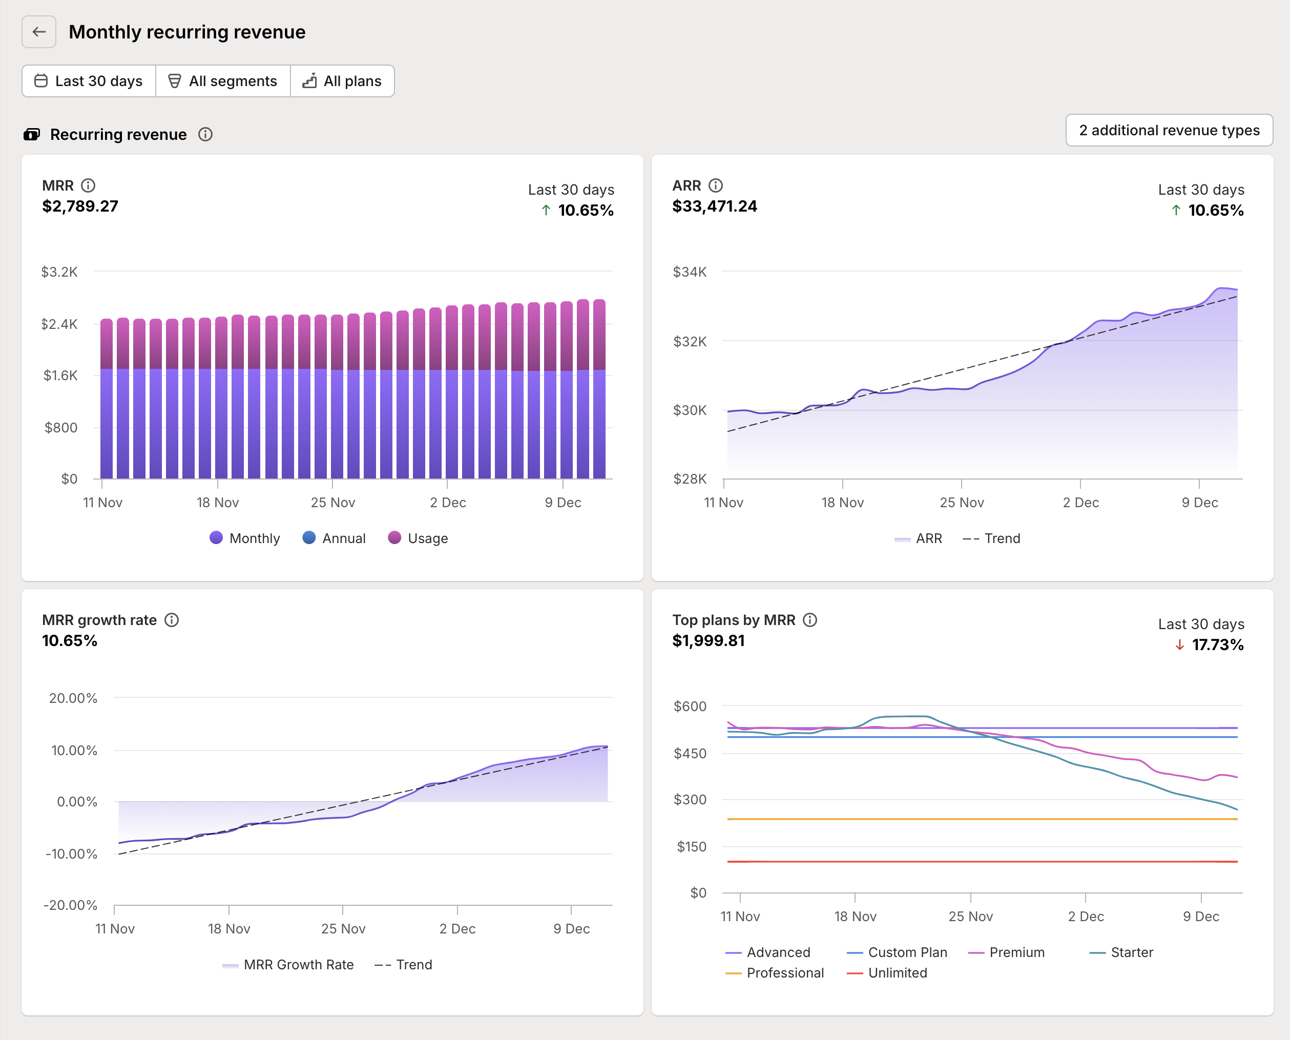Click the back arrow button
(x=39, y=32)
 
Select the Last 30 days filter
(x=89, y=81)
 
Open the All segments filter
(x=223, y=81)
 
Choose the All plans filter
(x=342, y=81)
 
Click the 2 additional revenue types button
(x=1169, y=130)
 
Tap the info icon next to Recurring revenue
(x=205, y=134)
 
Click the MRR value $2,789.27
(x=80, y=206)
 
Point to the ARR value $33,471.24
(x=714, y=206)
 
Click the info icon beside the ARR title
(x=715, y=185)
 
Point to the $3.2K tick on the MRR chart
(x=59, y=272)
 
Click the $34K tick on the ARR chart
(x=689, y=272)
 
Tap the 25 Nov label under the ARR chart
(x=961, y=502)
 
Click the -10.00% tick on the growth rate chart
(x=71, y=854)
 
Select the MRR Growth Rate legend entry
(x=288, y=965)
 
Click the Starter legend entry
(x=1121, y=952)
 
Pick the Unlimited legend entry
(x=887, y=973)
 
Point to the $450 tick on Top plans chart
(x=690, y=753)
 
